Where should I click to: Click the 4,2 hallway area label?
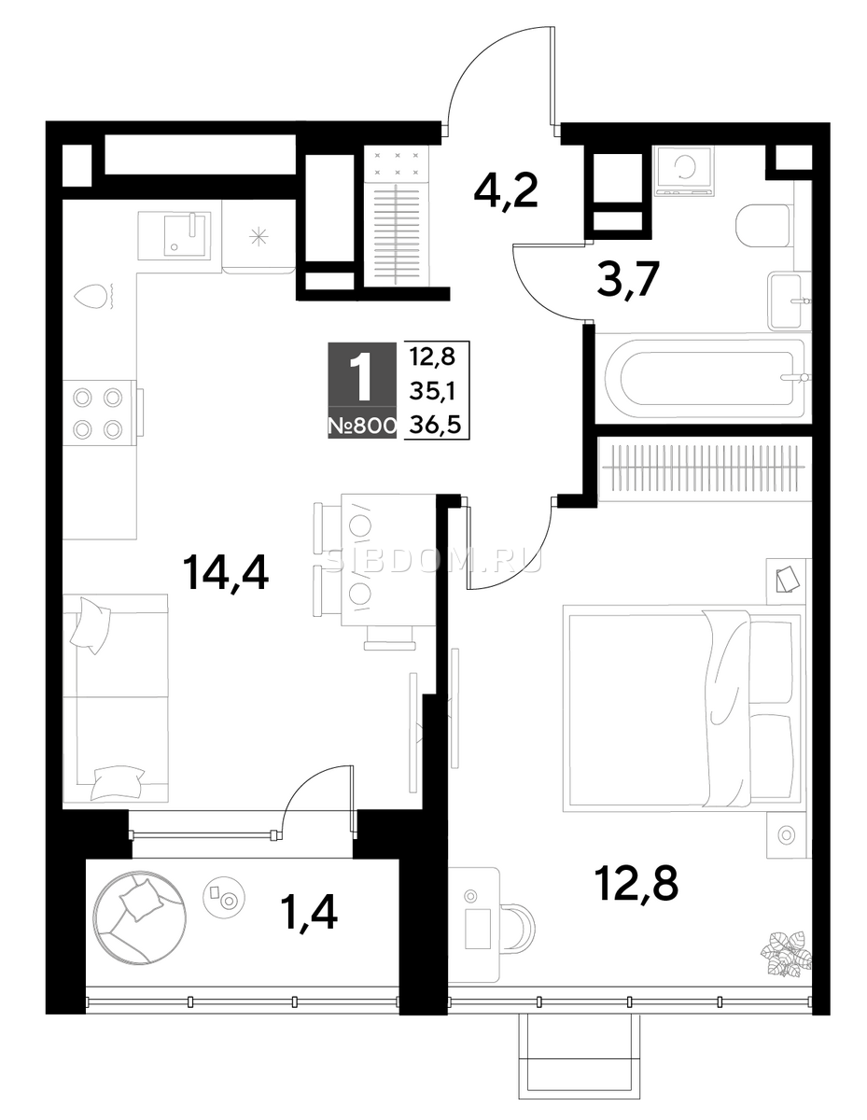coord(506,190)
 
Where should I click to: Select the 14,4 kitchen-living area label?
coord(226,573)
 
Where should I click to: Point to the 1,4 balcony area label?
coord(310,912)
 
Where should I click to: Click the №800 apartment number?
coord(362,426)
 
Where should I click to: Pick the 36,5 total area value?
coord(434,426)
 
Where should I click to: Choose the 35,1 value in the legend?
coord(432,393)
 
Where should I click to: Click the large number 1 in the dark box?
coord(361,376)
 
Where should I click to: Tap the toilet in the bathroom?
coord(762,226)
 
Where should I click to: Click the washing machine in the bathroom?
coord(684,171)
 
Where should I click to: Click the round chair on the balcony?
coord(139,916)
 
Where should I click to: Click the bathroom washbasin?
coord(786,301)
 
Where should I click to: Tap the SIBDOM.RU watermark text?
coord(434,562)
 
